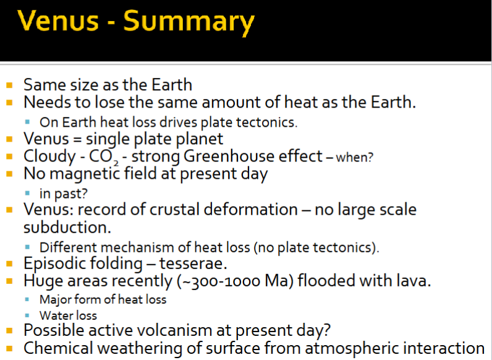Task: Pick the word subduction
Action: (x=67, y=227)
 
